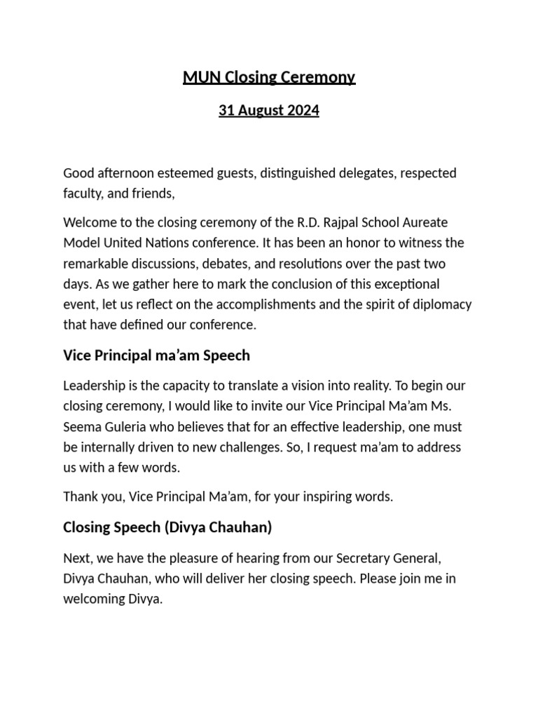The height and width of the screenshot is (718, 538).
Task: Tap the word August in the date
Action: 258,111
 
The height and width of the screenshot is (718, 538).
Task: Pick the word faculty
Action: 83,194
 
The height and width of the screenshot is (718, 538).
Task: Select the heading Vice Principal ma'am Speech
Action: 156,355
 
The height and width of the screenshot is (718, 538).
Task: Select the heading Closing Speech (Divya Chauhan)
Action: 167,527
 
